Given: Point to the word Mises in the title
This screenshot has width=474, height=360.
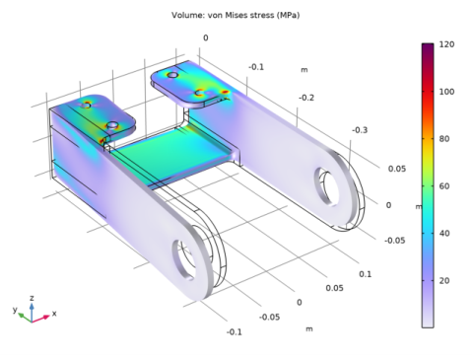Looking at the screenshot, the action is pyautogui.click(x=236, y=15).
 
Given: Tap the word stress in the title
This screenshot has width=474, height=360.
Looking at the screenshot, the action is pyautogui.click(x=262, y=15).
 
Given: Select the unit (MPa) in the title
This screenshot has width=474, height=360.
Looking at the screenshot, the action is pyautogui.click(x=289, y=15).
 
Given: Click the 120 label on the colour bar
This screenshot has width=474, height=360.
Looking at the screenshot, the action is pyautogui.click(x=446, y=44).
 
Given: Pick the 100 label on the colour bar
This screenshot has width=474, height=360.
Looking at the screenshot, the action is pyautogui.click(x=446, y=92).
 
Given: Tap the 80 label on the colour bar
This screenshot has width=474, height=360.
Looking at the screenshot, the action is pyautogui.click(x=444, y=139).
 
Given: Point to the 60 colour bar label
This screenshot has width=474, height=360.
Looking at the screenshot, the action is pyautogui.click(x=444, y=186).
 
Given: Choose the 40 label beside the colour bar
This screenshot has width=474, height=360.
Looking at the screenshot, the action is pyautogui.click(x=444, y=234).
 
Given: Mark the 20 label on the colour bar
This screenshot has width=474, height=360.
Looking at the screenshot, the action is pyautogui.click(x=444, y=281).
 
